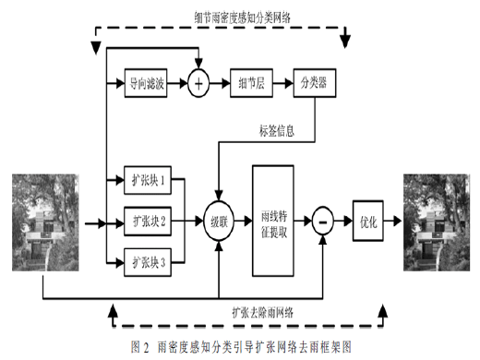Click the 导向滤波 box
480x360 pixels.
tap(146, 83)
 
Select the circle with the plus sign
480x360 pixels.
tap(198, 83)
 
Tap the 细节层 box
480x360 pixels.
tap(251, 83)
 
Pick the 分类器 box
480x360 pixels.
tap(315, 83)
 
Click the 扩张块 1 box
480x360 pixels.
tap(148, 180)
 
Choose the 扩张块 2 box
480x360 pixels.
tap(148, 222)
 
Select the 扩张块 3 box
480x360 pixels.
tap(148, 262)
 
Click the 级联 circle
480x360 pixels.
tap(219, 222)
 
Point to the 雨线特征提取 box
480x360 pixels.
tap(273, 221)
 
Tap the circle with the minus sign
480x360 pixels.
tap(323, 221)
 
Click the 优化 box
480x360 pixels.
tap(368, 221)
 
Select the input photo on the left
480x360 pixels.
tap(45, 222)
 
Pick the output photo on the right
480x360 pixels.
tap(437, 222)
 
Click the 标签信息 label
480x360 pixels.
tap(277, 131)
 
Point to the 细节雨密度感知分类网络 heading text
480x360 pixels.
tap(242, 18)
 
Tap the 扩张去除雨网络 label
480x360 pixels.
tap(262, 313)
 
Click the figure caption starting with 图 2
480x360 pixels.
tap(241, 347)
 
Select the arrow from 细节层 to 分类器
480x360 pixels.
tap(283, 83)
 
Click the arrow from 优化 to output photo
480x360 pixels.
tap(392, 221)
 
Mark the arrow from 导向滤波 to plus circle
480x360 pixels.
tap(177, 83)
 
